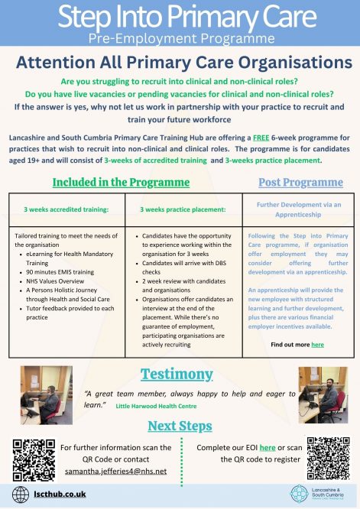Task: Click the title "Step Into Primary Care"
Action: click(180, 17)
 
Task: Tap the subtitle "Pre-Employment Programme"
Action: click(180, 38)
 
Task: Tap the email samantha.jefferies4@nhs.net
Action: click(113, 471)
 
